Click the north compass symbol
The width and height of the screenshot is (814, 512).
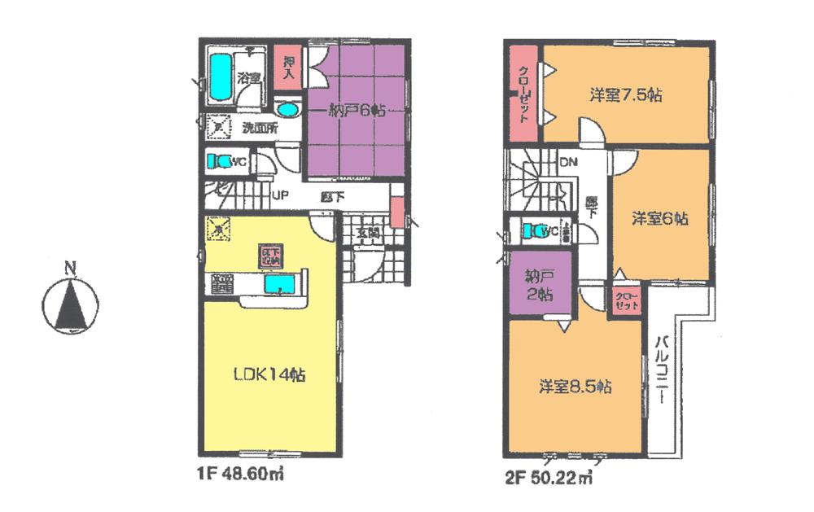[71, 299]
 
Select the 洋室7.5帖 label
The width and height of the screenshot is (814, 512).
[624, 94]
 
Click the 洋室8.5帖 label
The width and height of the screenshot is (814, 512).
[574, 387]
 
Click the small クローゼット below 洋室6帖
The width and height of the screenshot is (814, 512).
[624, 299]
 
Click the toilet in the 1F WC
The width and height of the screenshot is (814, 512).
[217, 161]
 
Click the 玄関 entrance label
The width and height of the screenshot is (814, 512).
[367, 233]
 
